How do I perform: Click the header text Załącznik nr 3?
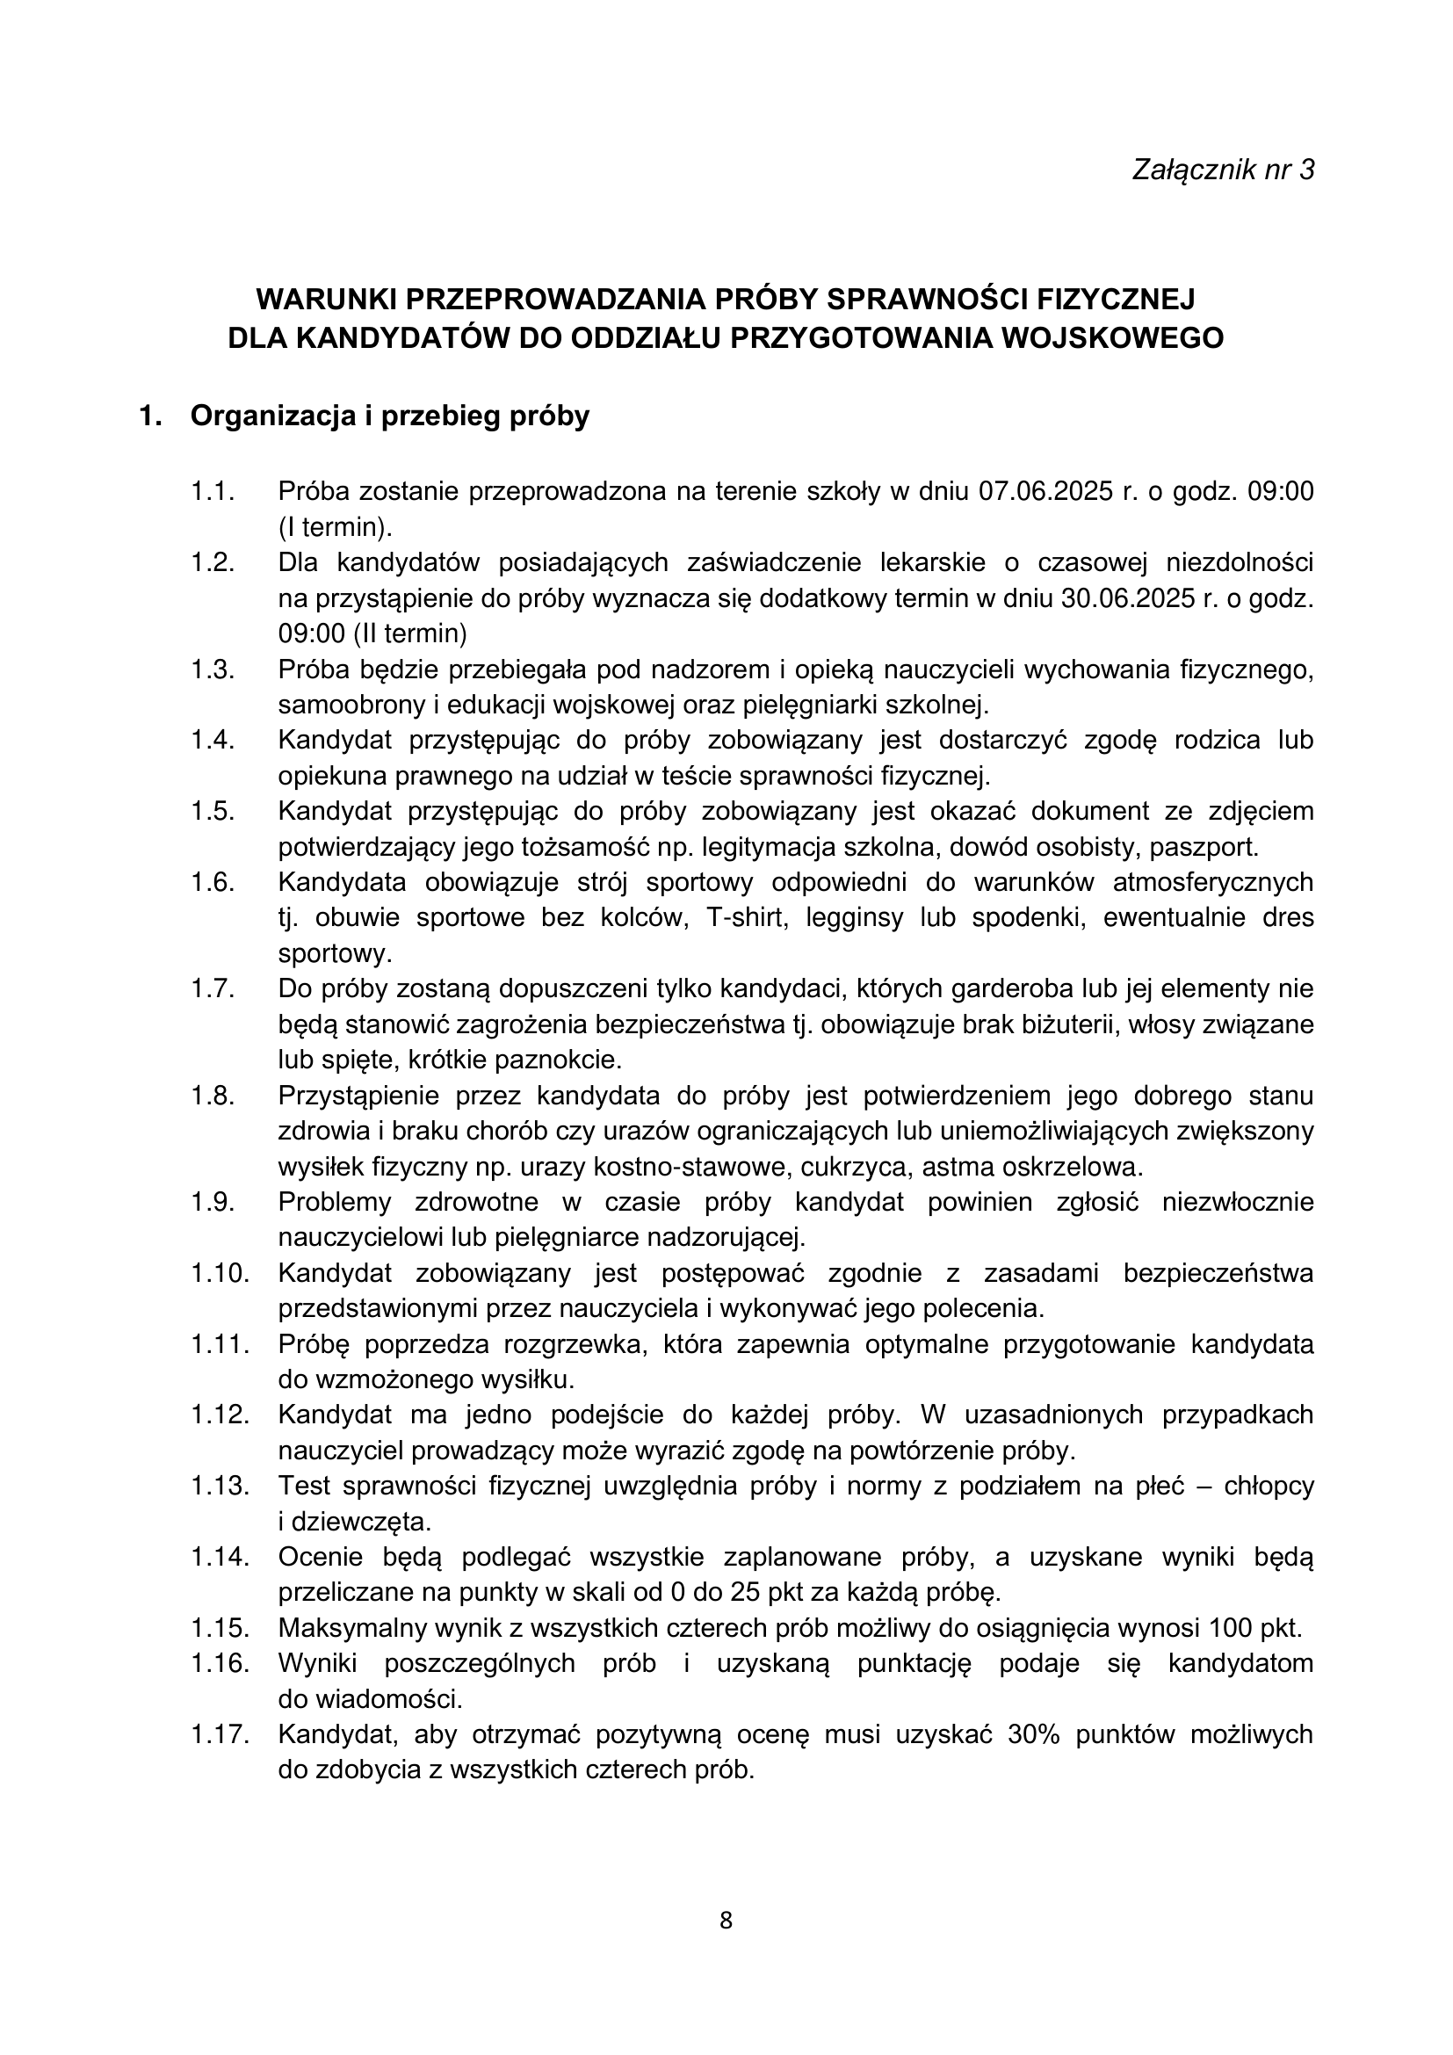[x=1223, y=170]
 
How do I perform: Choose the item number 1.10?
[x=219, y=1274]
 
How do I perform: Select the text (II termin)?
[x=409, y=633]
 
